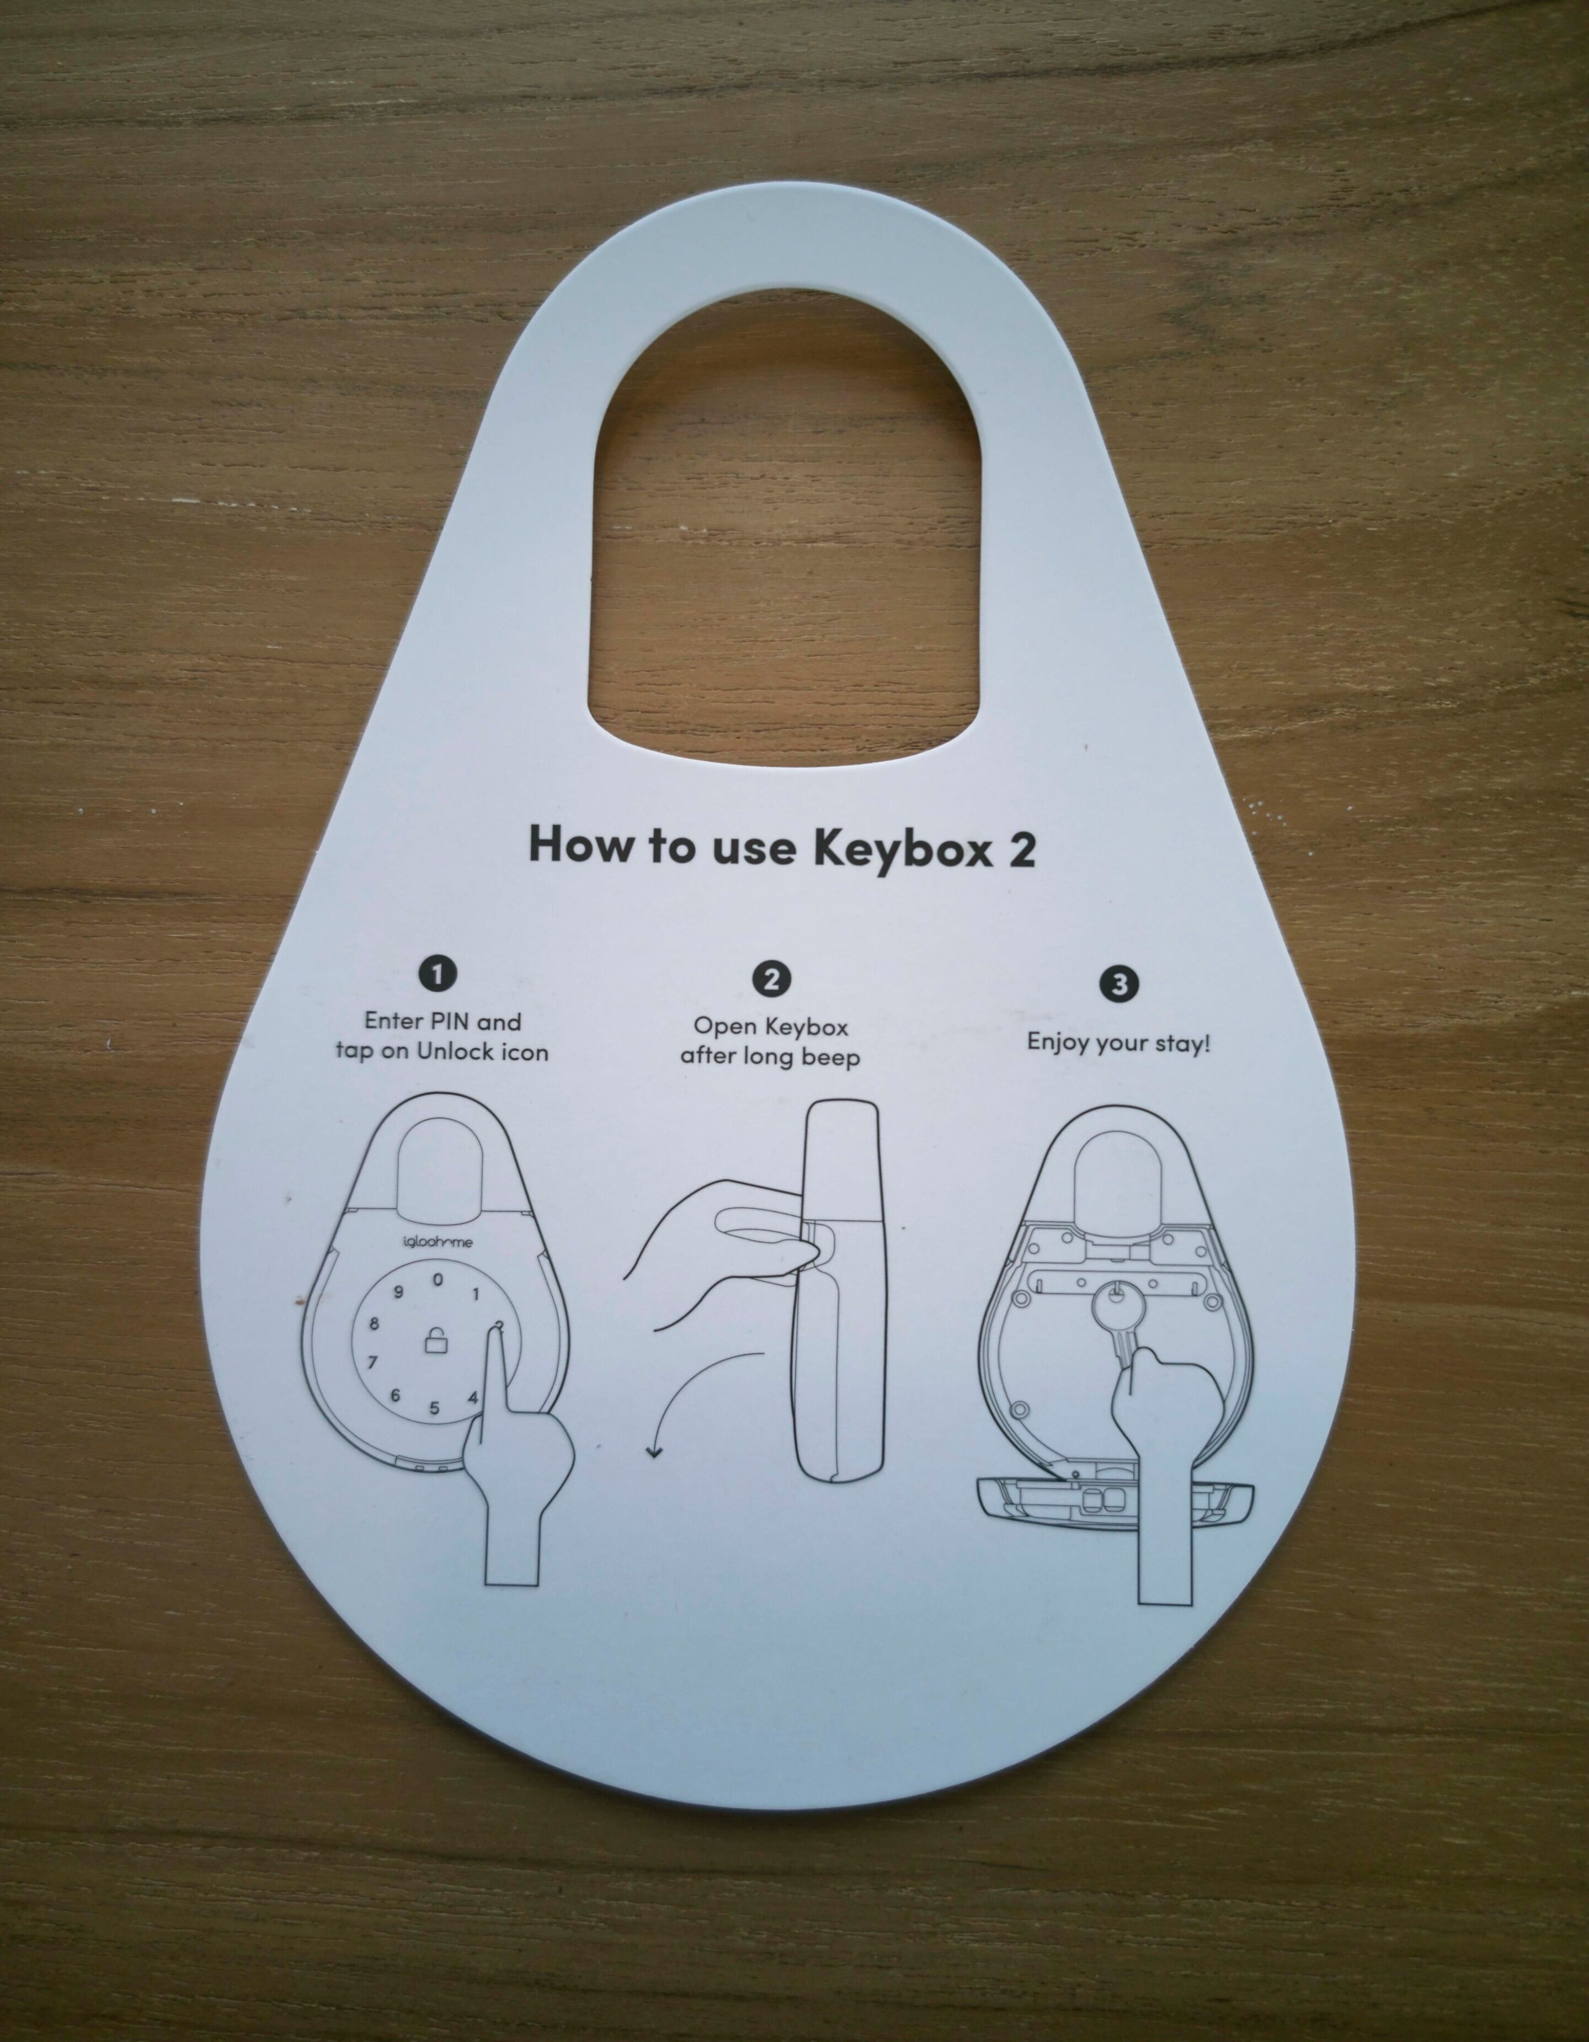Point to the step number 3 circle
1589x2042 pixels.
pos(1119,983)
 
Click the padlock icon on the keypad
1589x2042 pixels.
pos(435,1343)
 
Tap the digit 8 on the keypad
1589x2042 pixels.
pos(375,1324)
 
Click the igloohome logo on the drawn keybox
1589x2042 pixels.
pos(438,1242)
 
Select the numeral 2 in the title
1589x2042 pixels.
pos(1022,849)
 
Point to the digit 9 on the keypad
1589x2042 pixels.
pos(398,1293)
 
